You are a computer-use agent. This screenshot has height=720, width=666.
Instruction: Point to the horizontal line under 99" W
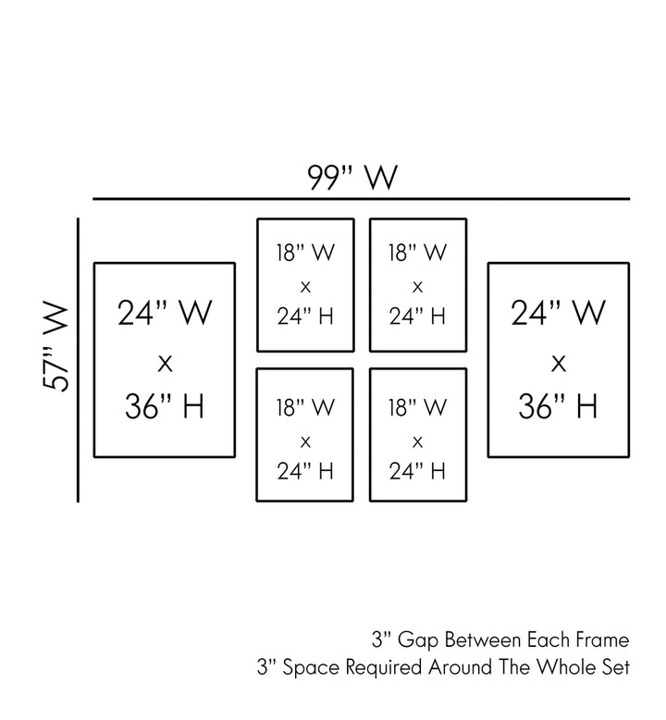pyautogui.click(x=361, y=199)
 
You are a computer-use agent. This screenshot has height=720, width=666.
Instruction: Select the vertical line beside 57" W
pyautogui.click(x=79, y=360)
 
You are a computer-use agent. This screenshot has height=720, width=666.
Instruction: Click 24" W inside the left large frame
pyautogui.click(x=165, y=314)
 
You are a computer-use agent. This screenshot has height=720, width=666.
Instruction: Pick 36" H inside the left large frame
pyautogui.click(x=165, y=406)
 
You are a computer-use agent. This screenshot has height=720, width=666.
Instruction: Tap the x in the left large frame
pyautogui.click(x=165, y=362)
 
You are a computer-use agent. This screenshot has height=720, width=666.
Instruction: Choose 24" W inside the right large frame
pyautogui.click(x=559, y=314)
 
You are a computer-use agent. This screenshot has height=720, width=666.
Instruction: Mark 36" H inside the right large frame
pyautogui.click(x=559, y=406)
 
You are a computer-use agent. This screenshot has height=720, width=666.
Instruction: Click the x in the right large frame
pyautogui.click(x=559, y=362)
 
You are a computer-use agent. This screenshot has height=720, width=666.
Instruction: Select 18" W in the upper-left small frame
pyautogui.click(x=305, y=251)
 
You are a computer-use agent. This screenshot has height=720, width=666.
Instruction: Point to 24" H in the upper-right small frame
pyautogui.click(x=417, y=317)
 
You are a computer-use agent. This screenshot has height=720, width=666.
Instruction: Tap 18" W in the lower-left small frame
pyautogui.click(x=305, y=405)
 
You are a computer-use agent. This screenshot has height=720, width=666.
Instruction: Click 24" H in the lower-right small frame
pyautogui.click(x=417, y=471)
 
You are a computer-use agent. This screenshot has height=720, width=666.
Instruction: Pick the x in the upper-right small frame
pyautogui.click(x=417, y=285)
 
